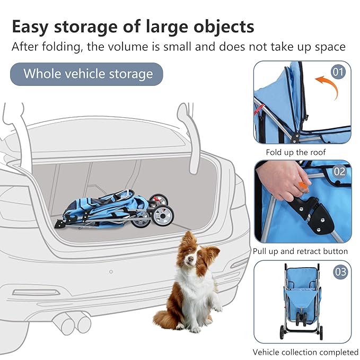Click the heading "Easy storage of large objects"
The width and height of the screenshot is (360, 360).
click(133, 26)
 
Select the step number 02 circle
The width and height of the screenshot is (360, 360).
click(339, 171)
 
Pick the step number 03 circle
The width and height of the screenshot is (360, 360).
click(340, 273)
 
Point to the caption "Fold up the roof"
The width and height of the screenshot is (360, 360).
click(296, 152)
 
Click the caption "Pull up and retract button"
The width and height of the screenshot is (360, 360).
click(300, 251)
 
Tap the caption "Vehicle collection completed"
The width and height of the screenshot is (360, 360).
click(305, 352)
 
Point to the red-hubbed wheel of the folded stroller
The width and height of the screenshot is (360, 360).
click(157, 200)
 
